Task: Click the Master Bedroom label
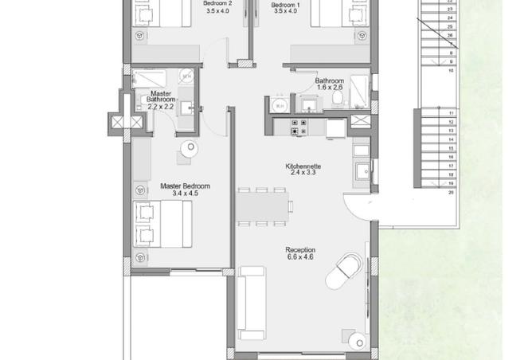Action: pyautogui.click(x=178, y=186)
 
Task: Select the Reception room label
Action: pyautogui.click(x=300, y=250)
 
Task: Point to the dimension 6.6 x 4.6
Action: pyautogui.click(x=300, y=257)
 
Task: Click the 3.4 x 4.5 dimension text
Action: pyautogui.click(x=178, y=193)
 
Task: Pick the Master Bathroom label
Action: pyautogui.click(x=162, y=96)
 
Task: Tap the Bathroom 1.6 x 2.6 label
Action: pyautogui.click(x=329, y=84)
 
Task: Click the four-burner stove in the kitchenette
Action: pyautogui.click(x=299, y=127)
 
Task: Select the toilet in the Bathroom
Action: pyautogui.click(x=338, y=100)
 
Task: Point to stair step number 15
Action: pyautogui.click(x=451, y=139)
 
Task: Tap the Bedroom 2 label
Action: pyautogui.click(x=217, y=4)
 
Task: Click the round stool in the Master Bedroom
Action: pyautogui.click(x=190, y=148)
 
